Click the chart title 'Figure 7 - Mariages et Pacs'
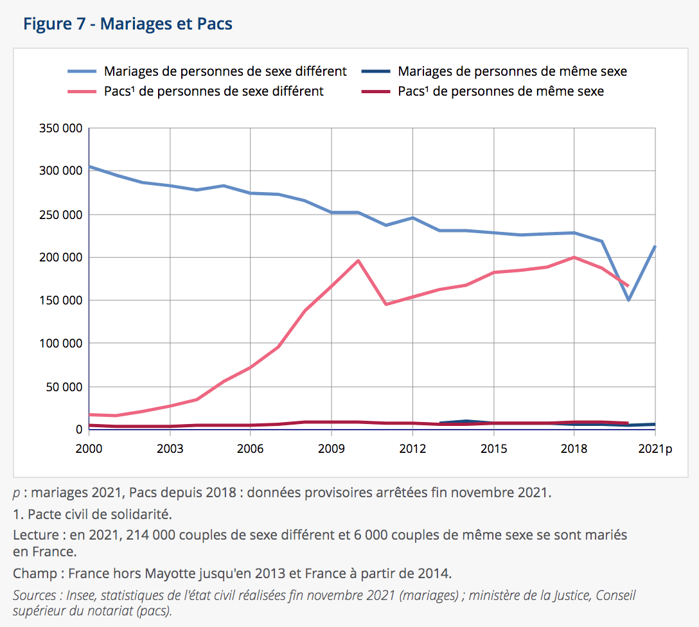128,24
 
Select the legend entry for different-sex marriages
225,71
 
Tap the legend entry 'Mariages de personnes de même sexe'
512,71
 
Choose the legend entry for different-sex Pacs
213,91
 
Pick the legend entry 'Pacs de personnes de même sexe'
500,91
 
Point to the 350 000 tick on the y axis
62,128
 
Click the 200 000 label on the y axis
62,257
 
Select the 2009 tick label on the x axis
332,448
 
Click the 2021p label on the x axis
655,448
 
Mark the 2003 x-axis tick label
170,448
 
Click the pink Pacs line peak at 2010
358,260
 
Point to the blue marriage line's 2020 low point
628,300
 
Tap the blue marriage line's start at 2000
89,166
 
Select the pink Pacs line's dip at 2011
385,305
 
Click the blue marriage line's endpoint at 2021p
655,246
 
